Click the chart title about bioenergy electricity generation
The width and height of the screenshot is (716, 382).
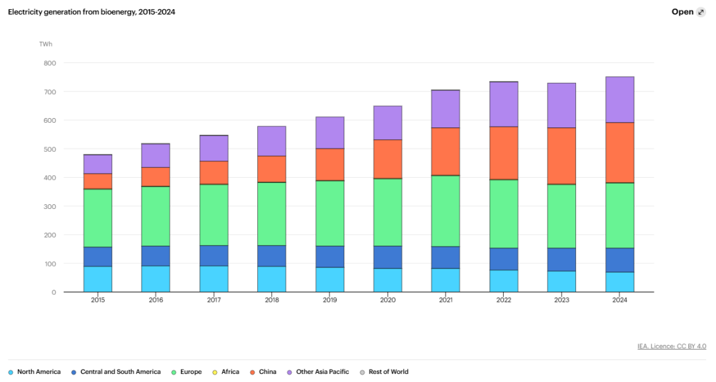point(91,12)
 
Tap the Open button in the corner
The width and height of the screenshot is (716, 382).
point(688,12)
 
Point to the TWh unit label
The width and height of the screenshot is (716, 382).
point(46,44)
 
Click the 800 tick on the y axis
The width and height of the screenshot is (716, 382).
point(50,63)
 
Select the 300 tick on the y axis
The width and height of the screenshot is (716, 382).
point(50,206)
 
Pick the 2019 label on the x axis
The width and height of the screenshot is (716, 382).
point(329,300)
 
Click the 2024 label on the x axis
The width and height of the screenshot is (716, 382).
point(620,300)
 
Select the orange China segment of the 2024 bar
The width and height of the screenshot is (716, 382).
point(620,153)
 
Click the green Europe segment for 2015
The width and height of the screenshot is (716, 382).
point(97,218)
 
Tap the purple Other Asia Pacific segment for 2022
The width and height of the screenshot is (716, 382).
point(504,104)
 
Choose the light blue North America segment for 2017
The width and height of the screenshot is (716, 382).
point(213,279)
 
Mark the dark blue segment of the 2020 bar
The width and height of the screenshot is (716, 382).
point(388,257)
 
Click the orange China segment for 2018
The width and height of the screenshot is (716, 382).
point(272,169)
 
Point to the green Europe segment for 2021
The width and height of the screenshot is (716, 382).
point(446,211)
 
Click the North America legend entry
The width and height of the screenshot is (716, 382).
point(34,372)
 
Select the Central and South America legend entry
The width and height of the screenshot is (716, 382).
point(116,372)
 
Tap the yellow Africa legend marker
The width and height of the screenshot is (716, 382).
point(215,373)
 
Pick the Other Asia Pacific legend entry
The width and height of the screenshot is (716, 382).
point(318,372)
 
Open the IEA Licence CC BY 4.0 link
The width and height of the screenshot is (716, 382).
point(672,346)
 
